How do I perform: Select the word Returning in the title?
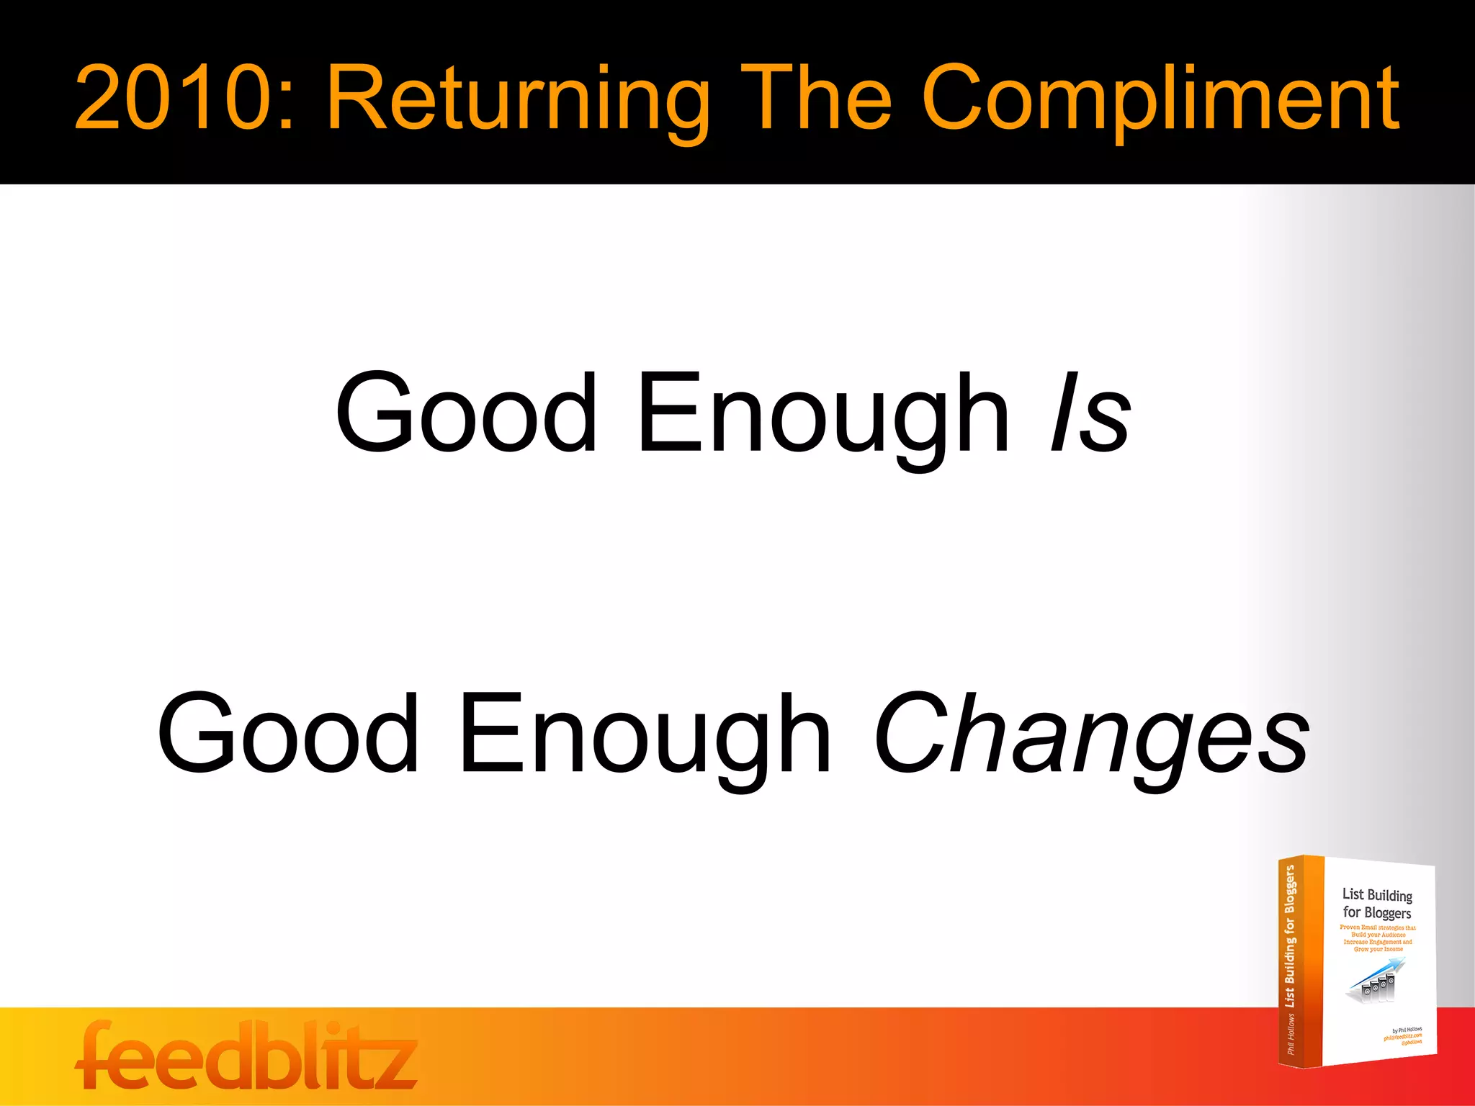519,101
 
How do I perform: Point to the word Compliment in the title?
1160,101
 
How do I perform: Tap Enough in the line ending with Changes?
645,734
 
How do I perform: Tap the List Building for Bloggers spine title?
1290,936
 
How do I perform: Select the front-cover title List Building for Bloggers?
1377,904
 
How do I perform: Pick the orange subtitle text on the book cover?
1378,938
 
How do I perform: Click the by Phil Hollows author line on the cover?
1407,1030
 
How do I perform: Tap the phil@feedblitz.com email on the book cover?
1402,1036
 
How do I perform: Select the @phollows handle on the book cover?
1412,1042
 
